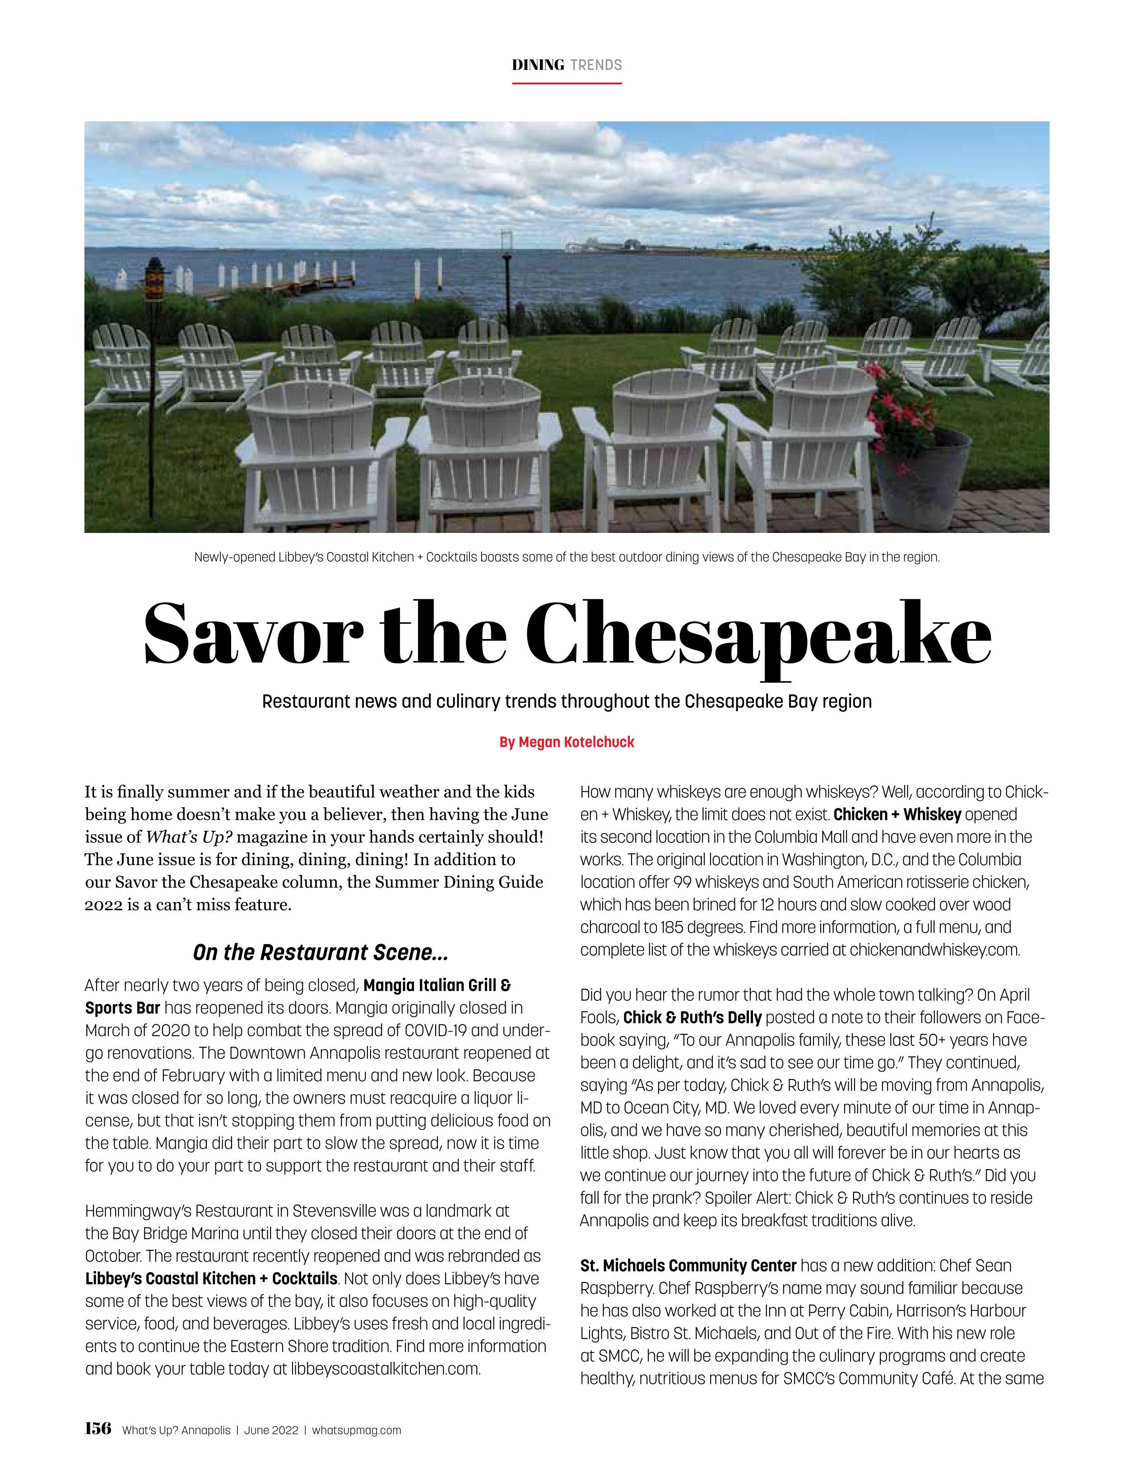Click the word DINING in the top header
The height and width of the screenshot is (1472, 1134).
click(x=537, y=65)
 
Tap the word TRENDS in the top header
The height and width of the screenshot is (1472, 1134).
click(x=595, y=65)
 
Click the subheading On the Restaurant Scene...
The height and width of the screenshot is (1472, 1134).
click(x=320, y=952)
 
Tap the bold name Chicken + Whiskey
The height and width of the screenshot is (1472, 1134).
click(x=897, y=814)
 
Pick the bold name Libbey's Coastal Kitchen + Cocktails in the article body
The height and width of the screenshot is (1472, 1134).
click(x=211, y=1278)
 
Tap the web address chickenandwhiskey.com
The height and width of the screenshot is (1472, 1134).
click(x=934, y=949)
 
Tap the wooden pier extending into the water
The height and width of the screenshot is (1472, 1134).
click(x=290, y=287)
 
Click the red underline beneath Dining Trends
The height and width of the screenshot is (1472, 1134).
click(x=567, y=83)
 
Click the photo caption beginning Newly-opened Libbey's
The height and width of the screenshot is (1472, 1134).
click(x=567, y=557)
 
